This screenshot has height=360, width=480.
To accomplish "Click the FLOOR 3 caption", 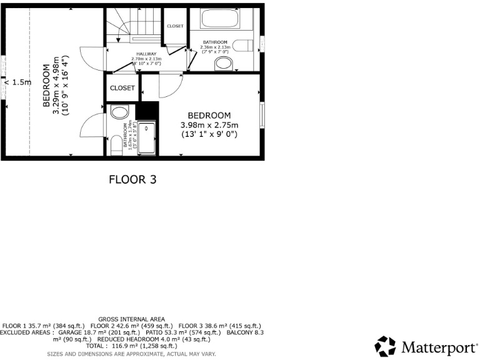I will [132, 179].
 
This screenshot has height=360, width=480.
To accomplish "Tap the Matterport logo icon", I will [385, 346].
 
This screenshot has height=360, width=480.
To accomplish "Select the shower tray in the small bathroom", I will [146, 139].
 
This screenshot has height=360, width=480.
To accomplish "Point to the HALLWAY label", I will [146, 54].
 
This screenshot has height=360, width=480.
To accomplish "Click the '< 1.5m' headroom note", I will [17, 82].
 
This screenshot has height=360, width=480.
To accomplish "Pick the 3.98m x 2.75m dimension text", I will [209, 125].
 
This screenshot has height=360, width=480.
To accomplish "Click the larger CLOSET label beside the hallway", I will [122, 88].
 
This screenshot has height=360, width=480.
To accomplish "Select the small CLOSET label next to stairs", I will [175, 26].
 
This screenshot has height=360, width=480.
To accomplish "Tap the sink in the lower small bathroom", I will [119, 112].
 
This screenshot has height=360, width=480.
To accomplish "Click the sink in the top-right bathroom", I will [223, 63].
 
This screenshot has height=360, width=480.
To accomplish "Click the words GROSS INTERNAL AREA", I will [132, 319].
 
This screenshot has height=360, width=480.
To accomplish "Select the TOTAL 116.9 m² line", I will [132, 346].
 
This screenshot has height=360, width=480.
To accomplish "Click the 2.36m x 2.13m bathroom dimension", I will [215, 47].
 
